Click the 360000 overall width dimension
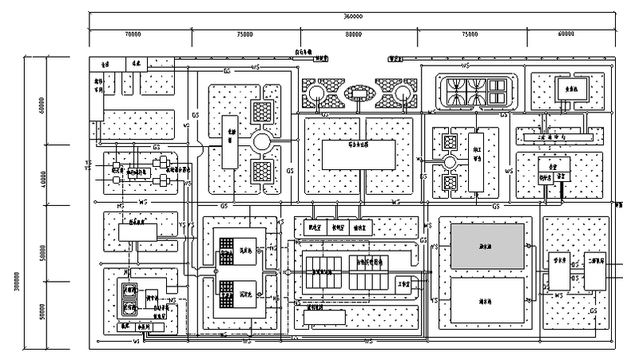pyautogui.click(x=352, y=16)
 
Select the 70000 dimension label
pyautogui.click(x=133, y=35)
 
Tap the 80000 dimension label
pyautogui.click(x=352, y=35)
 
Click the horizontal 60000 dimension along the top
pyautogui.click(x=566, y=35)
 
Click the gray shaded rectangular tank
pyautogui.click(x=487, y=245)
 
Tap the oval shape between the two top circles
pyautogui.click(x=359, y=94)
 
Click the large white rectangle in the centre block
pyautogui.click(x=359, y=154)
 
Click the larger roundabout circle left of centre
pyautogui.click(x=263, y=142)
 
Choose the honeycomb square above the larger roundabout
pyautogui.click(x=263, y=112)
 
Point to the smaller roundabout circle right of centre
pyautogui.click(x=449, y=163)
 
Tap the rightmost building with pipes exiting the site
pyautogui.click(x=594, y=275)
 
